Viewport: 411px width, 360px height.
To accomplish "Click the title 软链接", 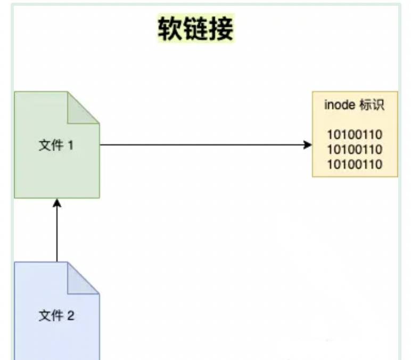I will point(195,28).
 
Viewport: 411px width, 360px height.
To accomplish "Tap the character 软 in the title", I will point(170,28).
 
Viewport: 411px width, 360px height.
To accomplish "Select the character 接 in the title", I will point(221,28).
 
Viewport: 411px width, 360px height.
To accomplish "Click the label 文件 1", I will point(56,145).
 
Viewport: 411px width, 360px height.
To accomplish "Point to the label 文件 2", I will point(56,316).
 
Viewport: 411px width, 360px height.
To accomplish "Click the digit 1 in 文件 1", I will point(70,145).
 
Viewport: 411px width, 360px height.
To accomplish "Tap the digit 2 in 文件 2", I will point(70,316).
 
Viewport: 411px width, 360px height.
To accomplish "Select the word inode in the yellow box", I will point(339,105).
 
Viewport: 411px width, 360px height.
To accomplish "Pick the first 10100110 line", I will point(355,134).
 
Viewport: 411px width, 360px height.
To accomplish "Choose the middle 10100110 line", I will point(355,149).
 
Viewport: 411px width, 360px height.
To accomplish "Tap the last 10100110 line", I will point(355,164).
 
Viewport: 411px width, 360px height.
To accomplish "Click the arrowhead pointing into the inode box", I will point(307,145).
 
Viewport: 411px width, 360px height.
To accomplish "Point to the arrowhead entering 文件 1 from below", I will point(56,203).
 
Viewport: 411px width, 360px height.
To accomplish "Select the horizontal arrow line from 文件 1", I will point(202,145).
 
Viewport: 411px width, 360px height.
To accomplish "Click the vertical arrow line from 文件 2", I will point(56,234).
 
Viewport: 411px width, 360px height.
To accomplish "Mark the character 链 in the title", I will point(195,28).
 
